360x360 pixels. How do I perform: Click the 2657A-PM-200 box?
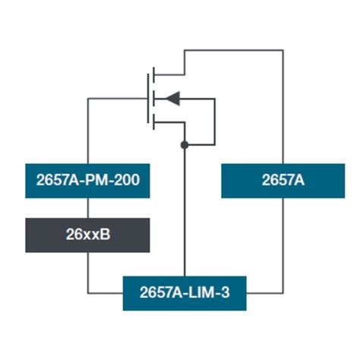click(87, 181)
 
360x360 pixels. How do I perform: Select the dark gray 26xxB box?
click(87, 235)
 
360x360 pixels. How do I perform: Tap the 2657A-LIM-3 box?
click(185, 293)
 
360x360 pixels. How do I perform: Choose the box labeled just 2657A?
click(283, 181)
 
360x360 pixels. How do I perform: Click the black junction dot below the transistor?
click(185, 145)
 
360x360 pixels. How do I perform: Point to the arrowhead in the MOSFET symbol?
click(172, 99)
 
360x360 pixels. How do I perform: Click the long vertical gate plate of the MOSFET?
click(148, 99)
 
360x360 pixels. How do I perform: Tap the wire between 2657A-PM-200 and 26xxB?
click(88, 208)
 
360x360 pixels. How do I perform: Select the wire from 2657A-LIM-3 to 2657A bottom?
click(283, 293)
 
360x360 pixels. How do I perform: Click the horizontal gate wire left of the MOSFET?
click(118, 99)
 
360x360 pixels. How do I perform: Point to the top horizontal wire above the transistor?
click(234, 50)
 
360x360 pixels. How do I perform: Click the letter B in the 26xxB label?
click(106, 235)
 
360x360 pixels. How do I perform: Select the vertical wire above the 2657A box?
click(283, 107)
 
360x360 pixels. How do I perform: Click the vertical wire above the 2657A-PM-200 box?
click(88, 131)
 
